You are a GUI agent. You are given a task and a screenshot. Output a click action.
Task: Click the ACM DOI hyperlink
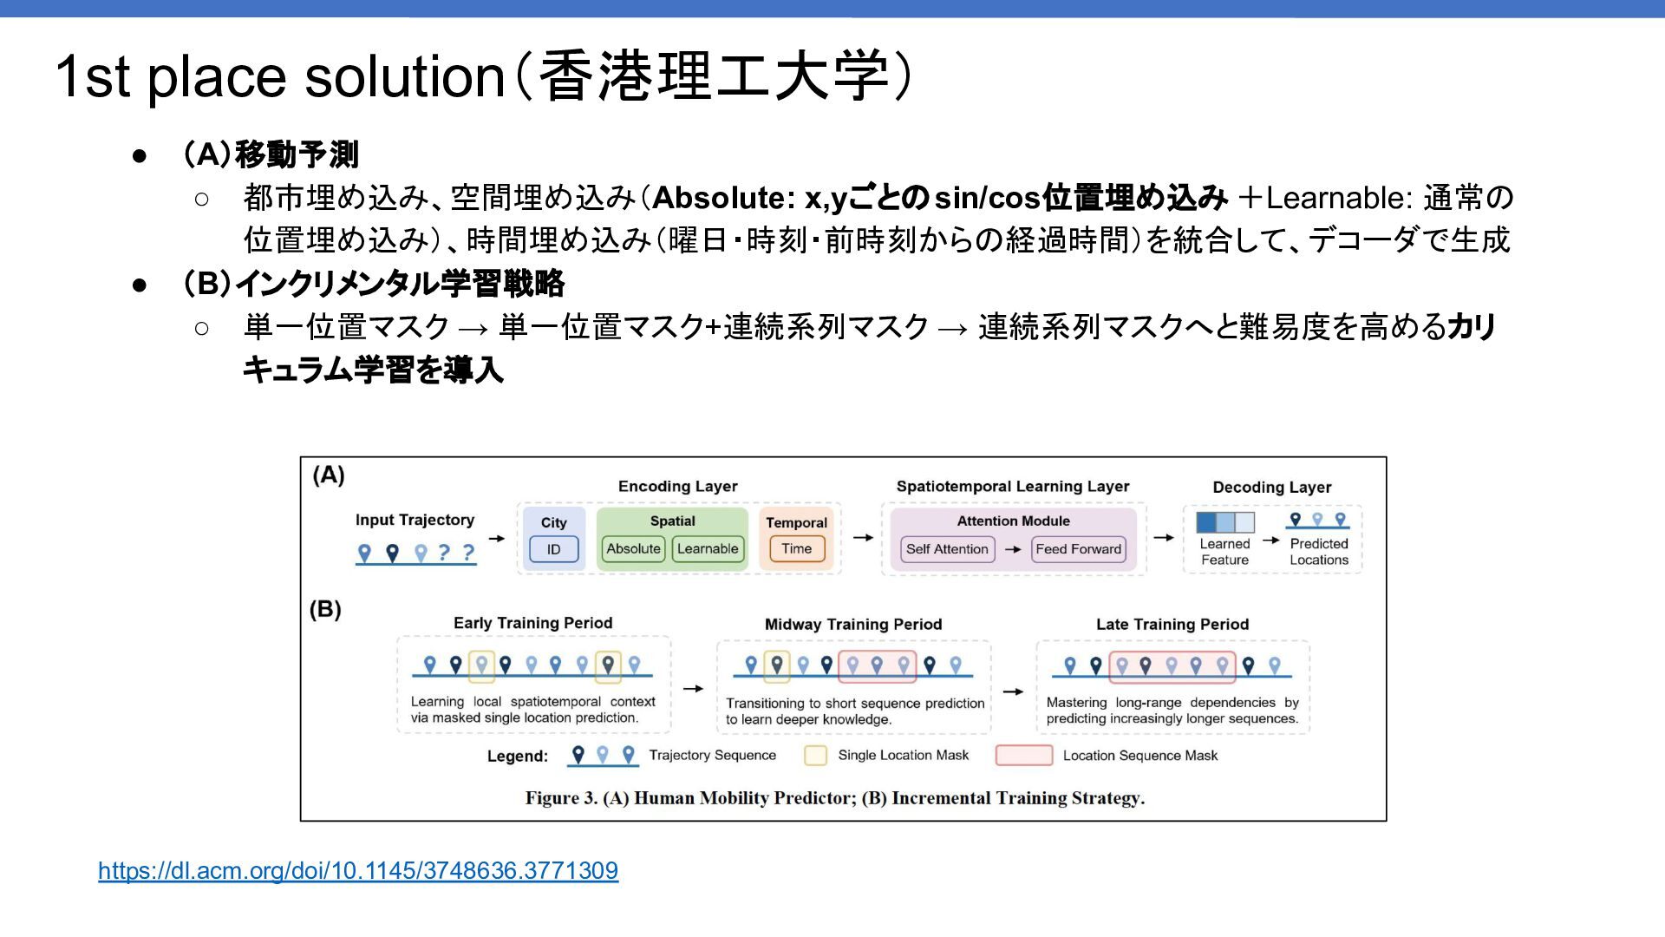pos(357,870)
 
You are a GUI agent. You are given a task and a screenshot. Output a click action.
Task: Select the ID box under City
pos(553,549)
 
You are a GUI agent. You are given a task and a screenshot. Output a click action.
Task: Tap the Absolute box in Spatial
pos(633,548)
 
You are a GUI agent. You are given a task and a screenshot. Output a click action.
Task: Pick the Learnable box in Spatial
pos(708,548)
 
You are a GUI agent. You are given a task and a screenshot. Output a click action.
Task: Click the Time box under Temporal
pos(796,548)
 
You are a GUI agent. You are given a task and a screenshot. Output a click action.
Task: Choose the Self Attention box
pos(947,549)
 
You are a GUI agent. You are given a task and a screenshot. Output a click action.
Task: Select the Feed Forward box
pos(1079,549)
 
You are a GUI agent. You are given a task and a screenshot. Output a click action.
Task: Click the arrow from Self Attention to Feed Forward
pos(1013,549)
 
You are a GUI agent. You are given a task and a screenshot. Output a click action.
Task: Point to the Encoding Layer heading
pos(677,487)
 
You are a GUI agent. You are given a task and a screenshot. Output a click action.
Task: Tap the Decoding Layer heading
pos(1271,488)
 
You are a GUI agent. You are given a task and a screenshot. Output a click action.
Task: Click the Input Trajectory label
pos(415,520)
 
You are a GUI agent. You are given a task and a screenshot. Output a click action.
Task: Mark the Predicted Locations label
pos(1318,552)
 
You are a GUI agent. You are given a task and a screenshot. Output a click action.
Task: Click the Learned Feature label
pos(1224,552)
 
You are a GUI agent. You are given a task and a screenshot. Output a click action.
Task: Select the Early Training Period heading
pos(532,623)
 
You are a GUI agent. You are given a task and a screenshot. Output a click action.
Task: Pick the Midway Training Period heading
pos(852,624)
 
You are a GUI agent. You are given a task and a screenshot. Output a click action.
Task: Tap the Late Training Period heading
pos(1172,624)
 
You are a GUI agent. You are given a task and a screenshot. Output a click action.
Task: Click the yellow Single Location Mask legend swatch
pos(815,756)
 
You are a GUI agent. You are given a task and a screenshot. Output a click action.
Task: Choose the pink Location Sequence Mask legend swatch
pos(1023,756)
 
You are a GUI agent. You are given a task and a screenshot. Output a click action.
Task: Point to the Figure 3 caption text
pos(834,798)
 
